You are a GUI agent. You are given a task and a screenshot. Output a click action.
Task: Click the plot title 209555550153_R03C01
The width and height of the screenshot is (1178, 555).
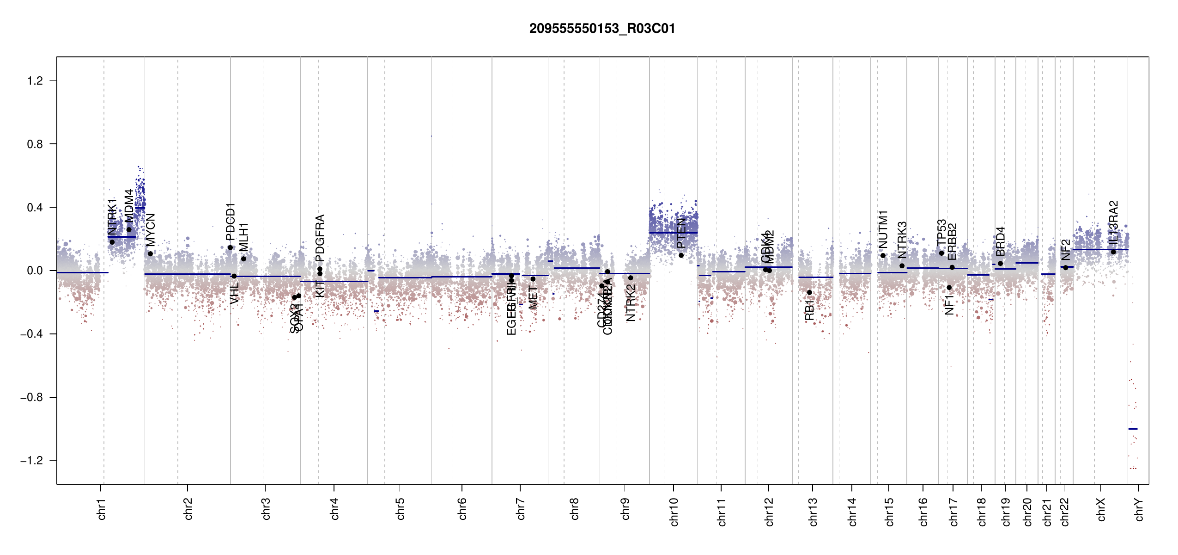tap(602, 29)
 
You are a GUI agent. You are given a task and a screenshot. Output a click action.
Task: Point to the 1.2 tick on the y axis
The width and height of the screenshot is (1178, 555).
tap(35, 81)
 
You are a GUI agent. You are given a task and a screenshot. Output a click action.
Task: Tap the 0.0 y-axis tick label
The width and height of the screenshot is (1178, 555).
tap(35, 271)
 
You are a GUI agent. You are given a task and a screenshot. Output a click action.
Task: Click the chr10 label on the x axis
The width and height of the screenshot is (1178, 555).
tap(674, 512)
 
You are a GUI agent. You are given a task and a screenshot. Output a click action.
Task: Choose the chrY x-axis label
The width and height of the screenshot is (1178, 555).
tap(1139, 510)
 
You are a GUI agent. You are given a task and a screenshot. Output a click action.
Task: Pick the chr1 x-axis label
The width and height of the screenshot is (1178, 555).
tap(102, 509)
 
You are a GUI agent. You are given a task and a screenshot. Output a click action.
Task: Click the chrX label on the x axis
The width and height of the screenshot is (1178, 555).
tap(1101, 510)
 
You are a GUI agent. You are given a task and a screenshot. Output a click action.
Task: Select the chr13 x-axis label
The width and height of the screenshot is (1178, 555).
tap(813, 512)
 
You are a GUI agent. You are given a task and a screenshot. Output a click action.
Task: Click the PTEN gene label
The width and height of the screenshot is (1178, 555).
tap(681, 234)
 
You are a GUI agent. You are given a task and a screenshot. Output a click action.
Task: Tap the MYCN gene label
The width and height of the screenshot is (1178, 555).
tap(151, 230)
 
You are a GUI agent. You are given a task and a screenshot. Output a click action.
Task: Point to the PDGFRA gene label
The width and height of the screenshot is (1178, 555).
tap(320, 238)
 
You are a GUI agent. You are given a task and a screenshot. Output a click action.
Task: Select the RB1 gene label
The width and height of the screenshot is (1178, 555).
tap(809, 310)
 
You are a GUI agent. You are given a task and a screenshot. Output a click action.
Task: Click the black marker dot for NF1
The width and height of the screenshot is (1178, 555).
tap(949, 288)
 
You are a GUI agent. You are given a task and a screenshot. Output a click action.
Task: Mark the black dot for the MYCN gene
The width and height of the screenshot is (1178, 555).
tap(150, 254)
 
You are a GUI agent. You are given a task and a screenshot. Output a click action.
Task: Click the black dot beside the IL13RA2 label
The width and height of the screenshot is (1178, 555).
tap(1113, 252)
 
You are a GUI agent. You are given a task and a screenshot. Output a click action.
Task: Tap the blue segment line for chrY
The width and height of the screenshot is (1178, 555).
tap(1133, 429)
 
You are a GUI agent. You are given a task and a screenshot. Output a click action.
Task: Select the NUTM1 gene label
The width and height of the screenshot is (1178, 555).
tap(883, 229)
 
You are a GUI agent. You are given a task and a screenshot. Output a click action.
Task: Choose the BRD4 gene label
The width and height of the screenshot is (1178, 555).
tap(1000, 241)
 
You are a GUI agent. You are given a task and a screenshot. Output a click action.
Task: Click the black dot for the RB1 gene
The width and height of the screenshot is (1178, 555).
tap(809, 293)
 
